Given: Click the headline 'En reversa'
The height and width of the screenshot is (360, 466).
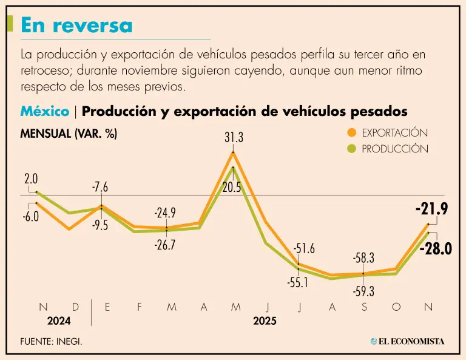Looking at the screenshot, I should [x=76, y=25].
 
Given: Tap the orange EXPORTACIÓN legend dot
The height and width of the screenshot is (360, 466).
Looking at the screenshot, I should [x=351, y=132].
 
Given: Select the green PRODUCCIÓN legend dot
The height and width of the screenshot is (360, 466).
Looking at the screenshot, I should [x=351, y=149].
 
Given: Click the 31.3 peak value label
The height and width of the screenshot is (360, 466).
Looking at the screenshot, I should [x=234, y=138].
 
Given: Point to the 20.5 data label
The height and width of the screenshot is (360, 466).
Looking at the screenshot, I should [x=232, y=188].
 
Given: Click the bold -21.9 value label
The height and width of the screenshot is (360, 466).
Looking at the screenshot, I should [x=431, y=209].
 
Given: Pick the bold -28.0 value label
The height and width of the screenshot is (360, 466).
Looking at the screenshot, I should [x=436, y=248].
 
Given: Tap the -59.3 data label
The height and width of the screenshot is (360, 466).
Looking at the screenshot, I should [x=363, y=291].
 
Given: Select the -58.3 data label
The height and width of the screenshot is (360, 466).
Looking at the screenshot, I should [x=363, y=258].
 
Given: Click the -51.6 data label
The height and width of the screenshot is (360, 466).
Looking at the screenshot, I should [x=304, y=248].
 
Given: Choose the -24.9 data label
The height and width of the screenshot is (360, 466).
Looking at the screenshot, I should [x=164, y=213].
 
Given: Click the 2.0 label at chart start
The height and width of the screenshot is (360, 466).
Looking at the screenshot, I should [x=31, y=179].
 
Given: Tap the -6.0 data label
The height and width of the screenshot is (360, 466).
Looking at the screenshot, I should [x=30, y=217].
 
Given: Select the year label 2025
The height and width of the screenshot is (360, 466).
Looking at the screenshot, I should [x=265, y=321].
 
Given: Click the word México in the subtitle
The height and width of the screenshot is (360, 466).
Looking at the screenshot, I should [x=45, y=112].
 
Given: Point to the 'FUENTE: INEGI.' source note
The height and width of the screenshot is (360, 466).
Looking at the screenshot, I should [x=51, y=341].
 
